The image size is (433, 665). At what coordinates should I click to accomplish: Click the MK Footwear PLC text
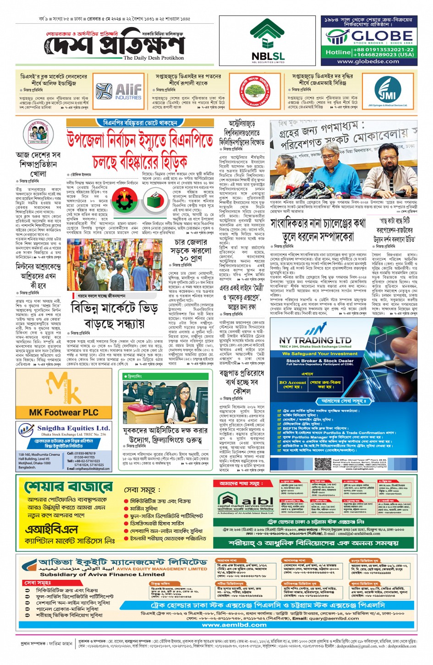64,412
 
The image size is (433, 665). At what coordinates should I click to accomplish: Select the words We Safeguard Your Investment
319,354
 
